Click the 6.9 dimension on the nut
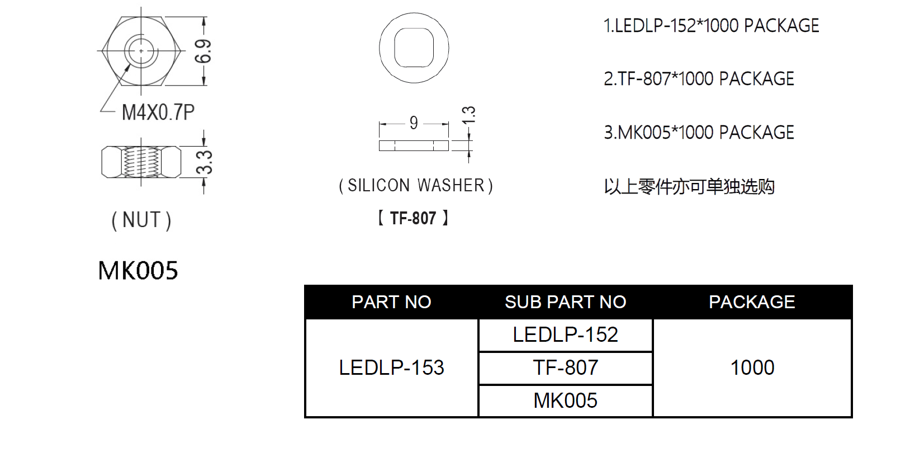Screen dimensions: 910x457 [x=203, y=51]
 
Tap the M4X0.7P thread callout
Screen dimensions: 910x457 [x=158, y=112]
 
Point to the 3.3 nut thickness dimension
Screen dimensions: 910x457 [x=204, y=162]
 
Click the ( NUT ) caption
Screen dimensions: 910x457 [x=141, y=220]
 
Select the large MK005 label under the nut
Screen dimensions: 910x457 [x=138, y=270]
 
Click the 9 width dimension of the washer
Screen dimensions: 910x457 [x=414, y=123]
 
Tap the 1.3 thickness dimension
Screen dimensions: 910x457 [x=468, y=115]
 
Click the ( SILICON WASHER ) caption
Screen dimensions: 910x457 [x=416, y=185]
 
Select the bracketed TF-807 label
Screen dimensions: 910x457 [x=413, y=218]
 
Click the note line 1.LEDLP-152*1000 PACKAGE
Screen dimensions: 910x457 [x=712, y=26]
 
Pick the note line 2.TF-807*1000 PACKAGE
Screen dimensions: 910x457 [x=699, y=79]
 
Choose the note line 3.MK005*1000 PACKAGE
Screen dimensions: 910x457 [x=699, y=133]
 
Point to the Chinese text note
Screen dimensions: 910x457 [x=689, y=187]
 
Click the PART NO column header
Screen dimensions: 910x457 [x=391, y=302]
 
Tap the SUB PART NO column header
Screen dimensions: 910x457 [x=566, y=302]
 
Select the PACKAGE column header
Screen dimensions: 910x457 [x=752, y=302]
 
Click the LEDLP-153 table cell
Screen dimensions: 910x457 [x=391, y=368]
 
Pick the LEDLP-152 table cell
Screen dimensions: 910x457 [x=566, y=334]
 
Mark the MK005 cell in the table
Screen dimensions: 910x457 [x=566, y=401]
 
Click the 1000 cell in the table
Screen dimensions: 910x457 [x=752, y=368]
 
